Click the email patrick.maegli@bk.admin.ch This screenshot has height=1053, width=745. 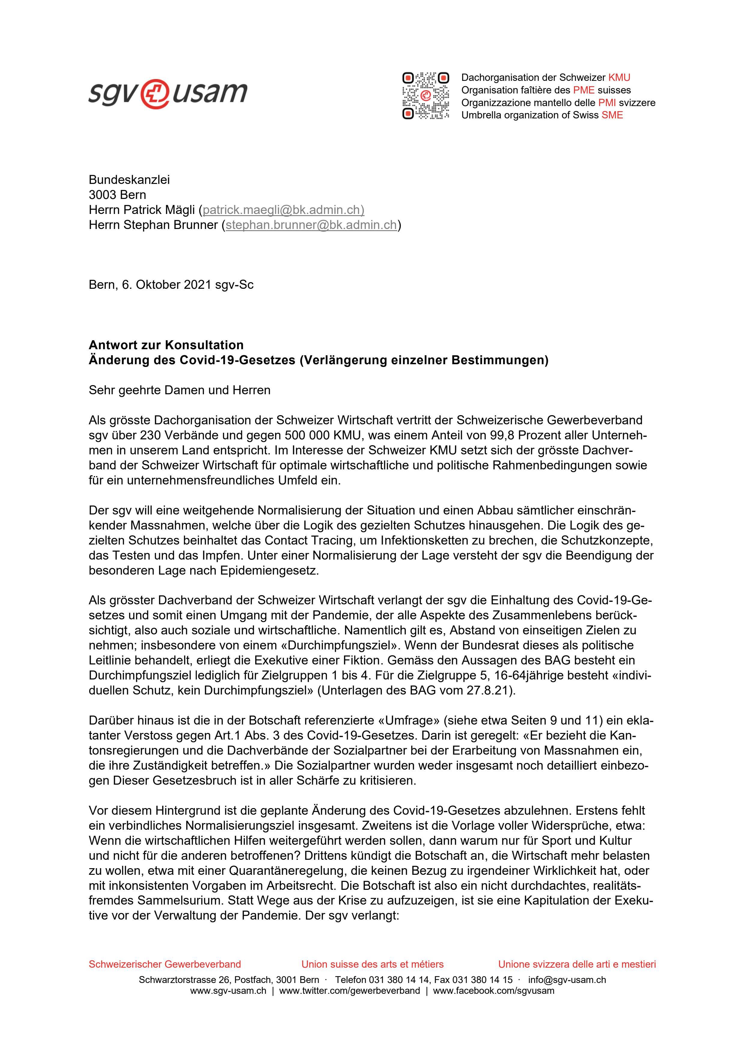pyautogui.click(x=283, y=210)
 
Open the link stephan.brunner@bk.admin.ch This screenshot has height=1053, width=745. pyautogui.click(x=311, y=225)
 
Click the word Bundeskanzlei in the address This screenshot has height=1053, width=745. pyautogui.click(x=129, y=180)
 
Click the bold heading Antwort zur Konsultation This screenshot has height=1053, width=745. pyautogui.click(x=166, y=345)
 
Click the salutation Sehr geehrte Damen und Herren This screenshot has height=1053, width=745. pyautogui.click(x=179, y=390)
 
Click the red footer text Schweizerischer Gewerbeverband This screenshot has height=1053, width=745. pyautogui.click(x=165, y=964)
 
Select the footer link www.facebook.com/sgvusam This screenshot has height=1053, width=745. pyautogui.click(x=493, y=990)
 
